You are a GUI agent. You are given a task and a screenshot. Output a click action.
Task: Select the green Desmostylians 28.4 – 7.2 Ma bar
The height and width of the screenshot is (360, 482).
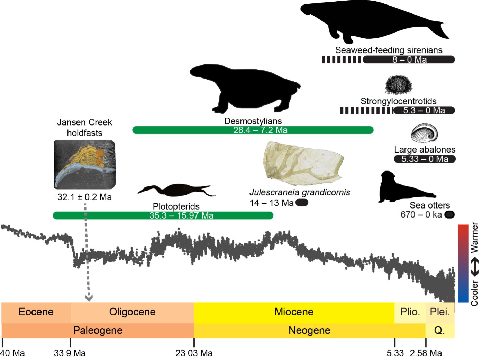pyautogui.click(x=253, y=130)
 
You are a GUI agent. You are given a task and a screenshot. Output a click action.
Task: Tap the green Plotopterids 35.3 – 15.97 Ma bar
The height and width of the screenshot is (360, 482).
pyautogui.click(x=163, y=215)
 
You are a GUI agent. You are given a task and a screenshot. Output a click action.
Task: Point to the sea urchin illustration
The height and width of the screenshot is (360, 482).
pyautogui.click(x=399, y=85)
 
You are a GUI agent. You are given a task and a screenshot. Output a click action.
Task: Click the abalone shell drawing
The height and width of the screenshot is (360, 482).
pyautogui.click(x=424, y=133)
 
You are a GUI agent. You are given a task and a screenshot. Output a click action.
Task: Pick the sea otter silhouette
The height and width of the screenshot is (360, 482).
pyautogui.click(x=401, y=188)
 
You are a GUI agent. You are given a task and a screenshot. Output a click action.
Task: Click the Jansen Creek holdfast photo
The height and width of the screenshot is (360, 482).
pyautogui.click(x=84, y=164)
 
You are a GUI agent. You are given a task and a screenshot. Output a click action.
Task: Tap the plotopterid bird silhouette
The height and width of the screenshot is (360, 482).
pyautogui.click(x=176, y=191)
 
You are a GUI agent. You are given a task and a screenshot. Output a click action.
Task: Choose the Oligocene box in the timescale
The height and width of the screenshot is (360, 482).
pyautogui.click(x=132, y=312)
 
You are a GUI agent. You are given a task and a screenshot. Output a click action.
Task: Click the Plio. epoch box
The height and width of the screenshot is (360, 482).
pyautogui.click(x=410, y=312)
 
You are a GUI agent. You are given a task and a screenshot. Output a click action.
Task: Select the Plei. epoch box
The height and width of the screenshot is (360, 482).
pyautogui.click(x=439, y=312)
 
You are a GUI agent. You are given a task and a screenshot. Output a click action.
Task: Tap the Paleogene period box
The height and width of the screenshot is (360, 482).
pyautogui.click(x=98, y=331)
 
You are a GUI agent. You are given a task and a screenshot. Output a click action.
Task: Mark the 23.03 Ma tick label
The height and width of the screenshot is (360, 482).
pyautogui.click(x=194, y=353)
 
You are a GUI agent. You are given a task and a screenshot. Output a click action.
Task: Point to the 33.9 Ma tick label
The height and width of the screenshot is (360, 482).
pyautogui.click(x=70, y=353)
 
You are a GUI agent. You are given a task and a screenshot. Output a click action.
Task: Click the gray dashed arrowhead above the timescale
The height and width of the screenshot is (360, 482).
pyautogui.click(x=89, y=297)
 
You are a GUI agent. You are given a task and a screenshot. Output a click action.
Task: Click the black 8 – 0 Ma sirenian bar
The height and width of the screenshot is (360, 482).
pyautogui.click(x=409, y=59)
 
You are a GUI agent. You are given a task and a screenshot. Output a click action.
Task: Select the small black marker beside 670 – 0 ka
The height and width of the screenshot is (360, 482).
pyautogui.click(x=449, y=215)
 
